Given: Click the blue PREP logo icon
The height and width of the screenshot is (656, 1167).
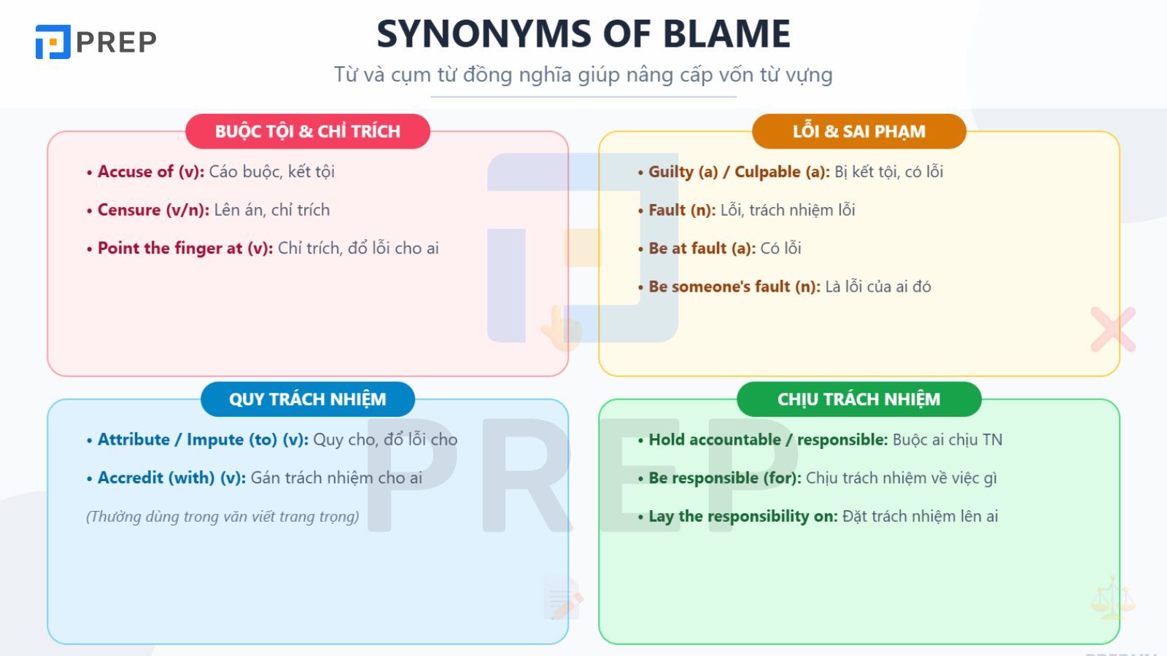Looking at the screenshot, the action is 53,42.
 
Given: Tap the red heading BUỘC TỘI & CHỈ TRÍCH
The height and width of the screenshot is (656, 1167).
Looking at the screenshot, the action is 307,131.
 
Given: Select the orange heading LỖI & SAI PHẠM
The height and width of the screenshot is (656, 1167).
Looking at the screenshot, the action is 859,131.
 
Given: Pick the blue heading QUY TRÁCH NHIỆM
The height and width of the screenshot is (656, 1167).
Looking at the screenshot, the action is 307,399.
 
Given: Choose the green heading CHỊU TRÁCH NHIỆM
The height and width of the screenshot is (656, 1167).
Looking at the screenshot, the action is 859,399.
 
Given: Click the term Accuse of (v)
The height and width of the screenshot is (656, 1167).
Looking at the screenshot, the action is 151,172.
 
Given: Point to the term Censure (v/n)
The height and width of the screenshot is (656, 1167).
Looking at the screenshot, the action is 153,210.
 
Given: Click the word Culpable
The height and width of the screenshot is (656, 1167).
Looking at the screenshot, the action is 767,172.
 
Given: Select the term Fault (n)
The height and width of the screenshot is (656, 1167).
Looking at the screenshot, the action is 682,210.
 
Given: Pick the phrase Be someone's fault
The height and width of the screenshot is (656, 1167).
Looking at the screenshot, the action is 719,286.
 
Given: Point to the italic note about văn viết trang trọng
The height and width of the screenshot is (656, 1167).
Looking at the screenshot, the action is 222,517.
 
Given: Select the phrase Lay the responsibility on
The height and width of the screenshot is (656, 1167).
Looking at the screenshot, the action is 743,517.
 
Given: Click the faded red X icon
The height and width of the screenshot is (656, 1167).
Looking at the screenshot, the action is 1113,329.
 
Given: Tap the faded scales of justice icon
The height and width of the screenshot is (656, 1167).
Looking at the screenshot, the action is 1113,597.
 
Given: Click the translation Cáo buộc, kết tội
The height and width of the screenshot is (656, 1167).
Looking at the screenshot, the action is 271,172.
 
